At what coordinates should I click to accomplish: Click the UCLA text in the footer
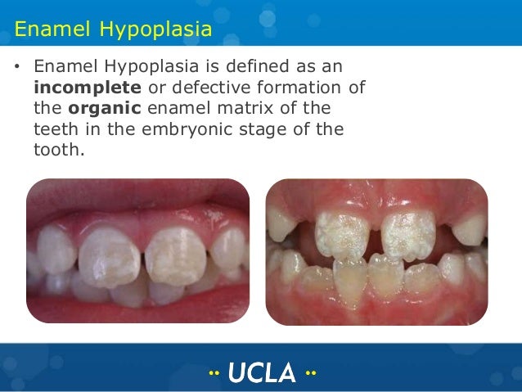pyautogui.click(x=262, y=372)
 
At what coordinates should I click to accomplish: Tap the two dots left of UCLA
pyautogui.click(x=215, y=373)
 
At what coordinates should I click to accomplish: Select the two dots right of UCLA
pyautogui.click(x=309, y=373)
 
